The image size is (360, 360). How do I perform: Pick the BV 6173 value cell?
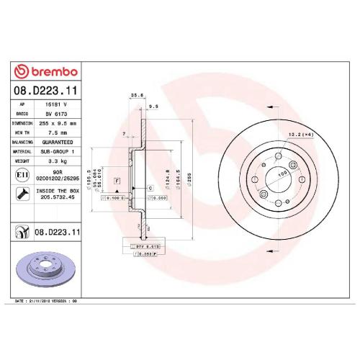pos(58,113)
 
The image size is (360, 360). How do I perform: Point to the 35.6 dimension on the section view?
pos(133,94)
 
